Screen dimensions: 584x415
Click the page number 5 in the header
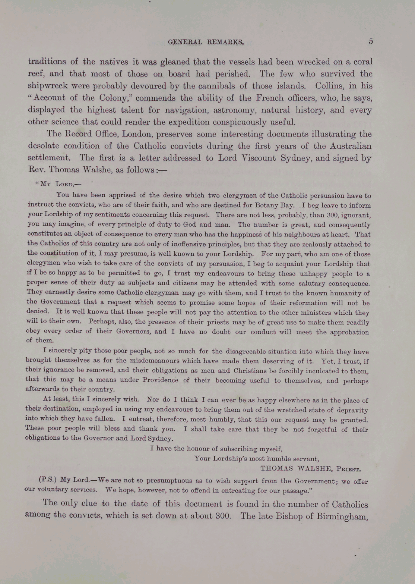point(371,41)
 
